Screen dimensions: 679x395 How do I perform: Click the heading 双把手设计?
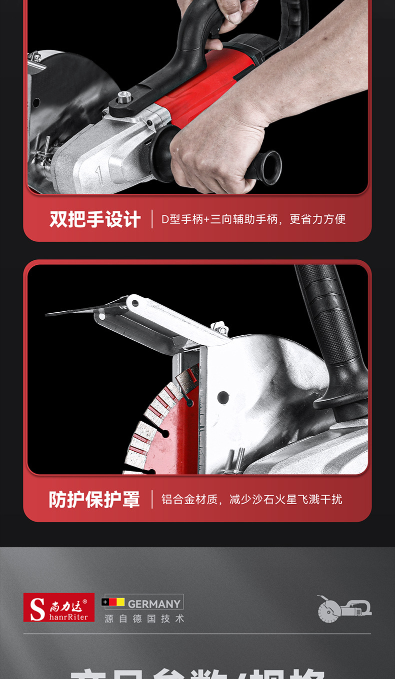click(x=95, y=219)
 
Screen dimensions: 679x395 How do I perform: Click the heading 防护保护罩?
click(x=94, y=499)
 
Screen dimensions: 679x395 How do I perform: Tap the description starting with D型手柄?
click(x=253, y=219)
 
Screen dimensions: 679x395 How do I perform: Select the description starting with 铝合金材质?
click(x=251, y=499)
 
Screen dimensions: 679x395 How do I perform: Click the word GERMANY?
click(x=154, y=604)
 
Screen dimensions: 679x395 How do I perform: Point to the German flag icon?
click(x=113, y=602)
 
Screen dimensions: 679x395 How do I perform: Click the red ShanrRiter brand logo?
click(x=59, y=608)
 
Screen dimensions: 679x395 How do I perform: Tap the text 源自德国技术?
click(x=144, y=619)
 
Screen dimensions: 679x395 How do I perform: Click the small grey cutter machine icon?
click(x=344, y=609)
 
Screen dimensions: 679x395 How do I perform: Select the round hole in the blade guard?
click(x=223, y=398)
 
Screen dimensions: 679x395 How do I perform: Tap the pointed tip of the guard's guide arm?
click(x=49, y=314)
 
